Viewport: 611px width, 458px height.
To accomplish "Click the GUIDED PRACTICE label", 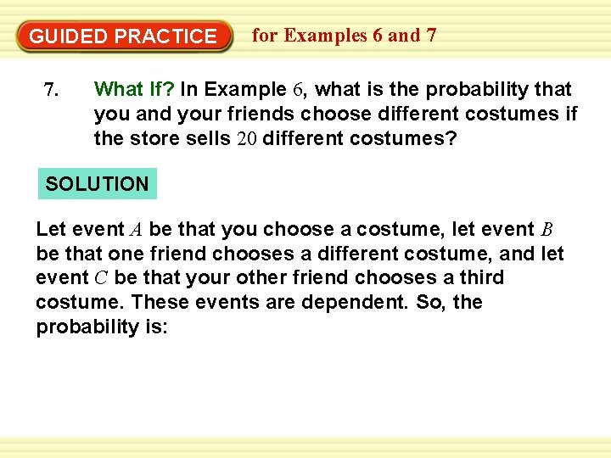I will pyautogui.click(x=123, y=36).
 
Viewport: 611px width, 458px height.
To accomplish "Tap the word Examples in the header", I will pyautogui.click(x=326, y=36).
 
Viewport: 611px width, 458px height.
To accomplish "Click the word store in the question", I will pyautogui.click(x=152, y=138).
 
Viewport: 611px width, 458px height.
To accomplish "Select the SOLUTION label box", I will pyautogui.click(x=97, y=183).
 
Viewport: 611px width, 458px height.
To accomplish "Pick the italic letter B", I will pyautogui.click(x=547, y=230).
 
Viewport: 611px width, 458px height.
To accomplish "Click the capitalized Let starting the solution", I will pyautogui.click(x=50, y=229).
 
